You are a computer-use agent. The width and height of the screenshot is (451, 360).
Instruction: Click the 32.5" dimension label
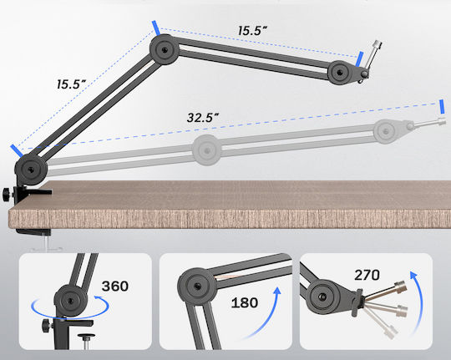pyautogui.click(x=203, y=118)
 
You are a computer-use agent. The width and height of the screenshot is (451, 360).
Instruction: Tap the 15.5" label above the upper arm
pyautogui.click(x=252, y=31)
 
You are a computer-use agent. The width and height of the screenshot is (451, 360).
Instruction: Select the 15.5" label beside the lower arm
pyautogui.click(x=71, y=84)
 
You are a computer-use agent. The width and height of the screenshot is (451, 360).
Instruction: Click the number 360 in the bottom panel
pyautogui.click(x=114, y=286)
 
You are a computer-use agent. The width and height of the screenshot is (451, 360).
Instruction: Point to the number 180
pyautogui.click(x=245, y=302)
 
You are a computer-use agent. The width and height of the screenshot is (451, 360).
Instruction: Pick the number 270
pyautogui.click(x=367, y=275)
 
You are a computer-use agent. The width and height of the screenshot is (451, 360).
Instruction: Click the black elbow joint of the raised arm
pyautogui.click(x=164, y=49)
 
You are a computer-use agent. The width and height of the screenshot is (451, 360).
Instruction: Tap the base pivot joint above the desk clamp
pyautogui.click(x=31, y=170)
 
